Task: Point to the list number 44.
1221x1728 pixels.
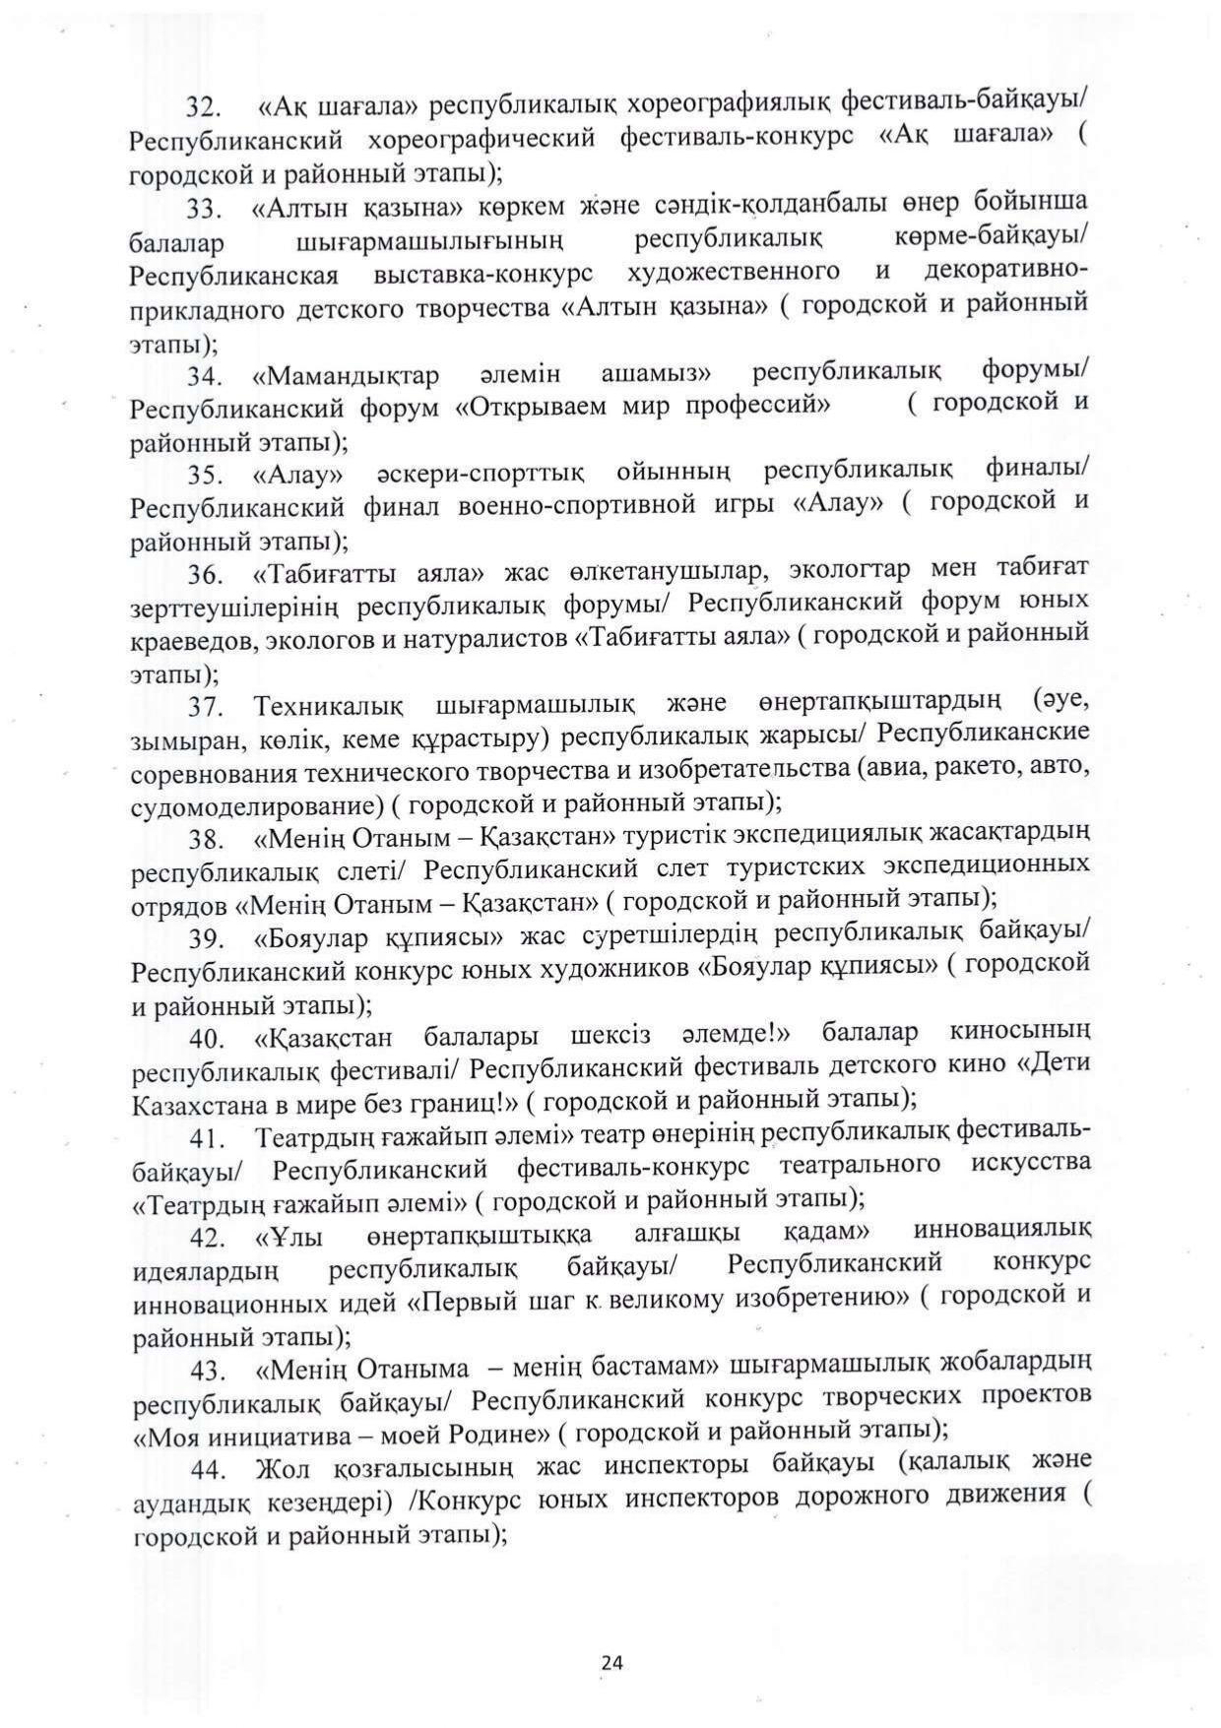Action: pos(210,1471)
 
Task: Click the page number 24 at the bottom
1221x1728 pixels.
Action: pos(611,1663)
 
